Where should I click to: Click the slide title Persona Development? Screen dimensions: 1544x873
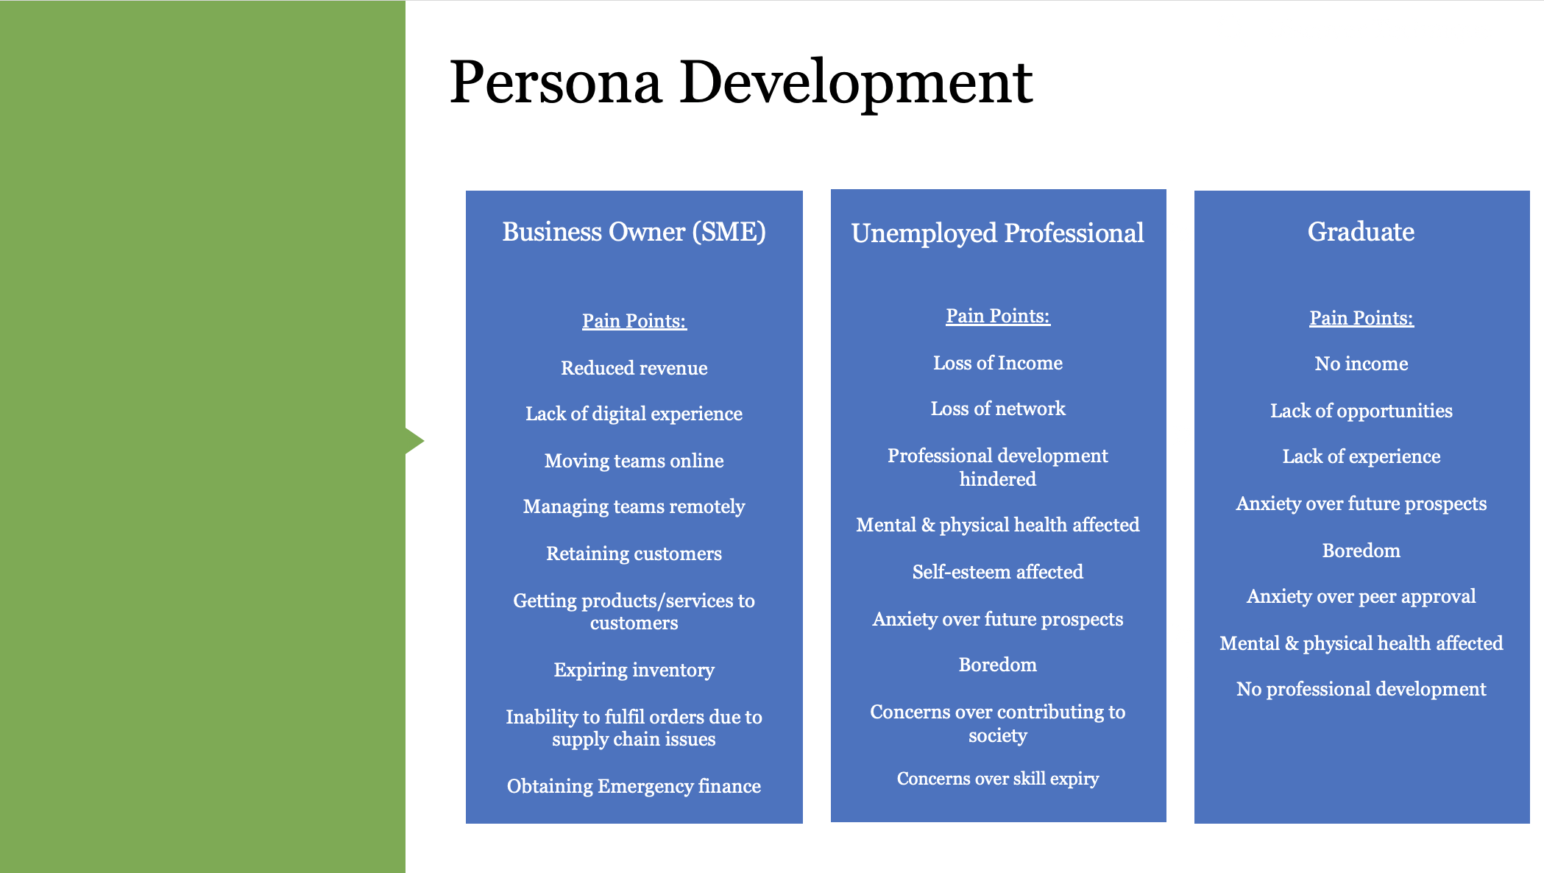740,82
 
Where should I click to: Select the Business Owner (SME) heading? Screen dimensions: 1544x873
634,232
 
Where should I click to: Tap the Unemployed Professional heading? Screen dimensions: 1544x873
997,233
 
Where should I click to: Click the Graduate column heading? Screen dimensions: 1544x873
1361,232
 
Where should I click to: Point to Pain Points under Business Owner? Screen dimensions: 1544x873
634,321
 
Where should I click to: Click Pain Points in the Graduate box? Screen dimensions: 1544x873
1361,318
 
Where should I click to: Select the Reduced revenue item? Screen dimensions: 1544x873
634,368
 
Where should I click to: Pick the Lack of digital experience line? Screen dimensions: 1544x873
634,414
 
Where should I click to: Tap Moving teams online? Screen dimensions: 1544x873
634,461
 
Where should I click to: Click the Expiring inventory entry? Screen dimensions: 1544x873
634,670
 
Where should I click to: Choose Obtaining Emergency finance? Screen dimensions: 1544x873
634,786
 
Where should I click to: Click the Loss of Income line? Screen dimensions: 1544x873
997,363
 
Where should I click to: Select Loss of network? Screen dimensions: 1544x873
997,409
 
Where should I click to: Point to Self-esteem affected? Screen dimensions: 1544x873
997,572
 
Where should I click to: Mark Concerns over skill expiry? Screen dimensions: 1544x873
997,779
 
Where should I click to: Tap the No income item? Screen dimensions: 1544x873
1361,364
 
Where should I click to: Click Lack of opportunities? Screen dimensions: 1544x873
1361,411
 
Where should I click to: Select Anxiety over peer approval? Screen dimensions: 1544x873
1361,596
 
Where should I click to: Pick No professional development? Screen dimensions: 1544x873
1361,689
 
